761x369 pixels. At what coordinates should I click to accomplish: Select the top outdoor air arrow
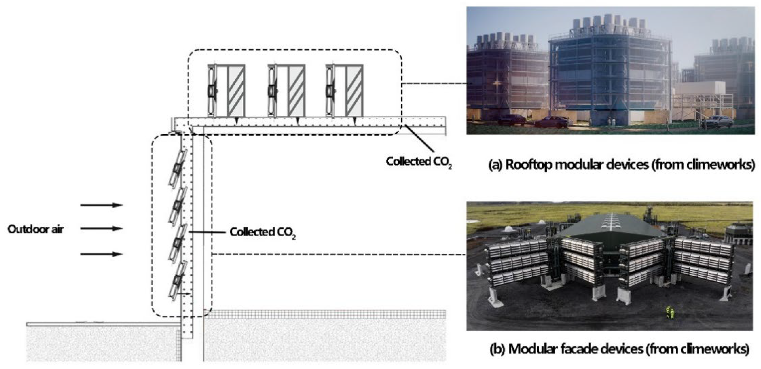coord(101,205)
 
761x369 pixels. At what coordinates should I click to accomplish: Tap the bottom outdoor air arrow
coord(101,254)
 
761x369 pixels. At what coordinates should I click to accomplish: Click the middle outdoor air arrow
coord(101,228)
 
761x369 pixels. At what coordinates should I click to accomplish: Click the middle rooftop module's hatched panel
coord(296,91)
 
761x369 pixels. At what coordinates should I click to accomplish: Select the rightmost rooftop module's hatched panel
coord(354,91)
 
